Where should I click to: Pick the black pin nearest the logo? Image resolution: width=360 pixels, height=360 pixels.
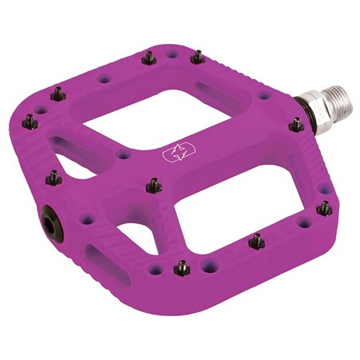point(153,185)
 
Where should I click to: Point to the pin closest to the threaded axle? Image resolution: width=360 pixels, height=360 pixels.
point(297,124)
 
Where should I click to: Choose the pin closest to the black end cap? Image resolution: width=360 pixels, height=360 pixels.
point(54,177)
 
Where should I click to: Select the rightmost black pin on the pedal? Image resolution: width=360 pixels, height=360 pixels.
point(324,207)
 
